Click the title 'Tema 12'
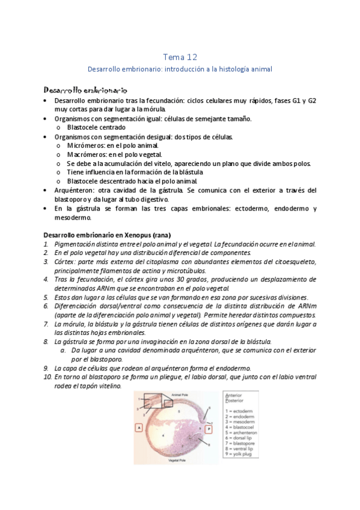(180, 57)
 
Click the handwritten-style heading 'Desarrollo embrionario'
(85, 89)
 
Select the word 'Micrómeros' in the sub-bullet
(83, 146)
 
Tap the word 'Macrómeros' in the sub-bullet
(84, 155)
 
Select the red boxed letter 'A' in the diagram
(139, 428)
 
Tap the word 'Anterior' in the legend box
(233, 396)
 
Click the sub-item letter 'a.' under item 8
(63, 350)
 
